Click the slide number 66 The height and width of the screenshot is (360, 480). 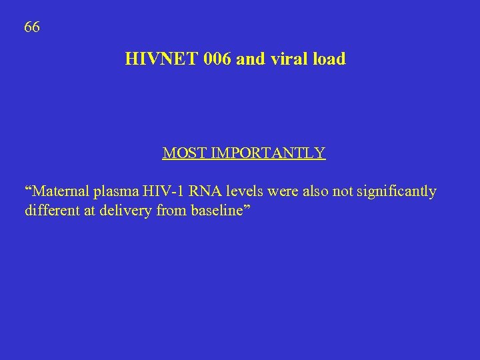point(32,27)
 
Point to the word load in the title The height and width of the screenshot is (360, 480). point(329,59)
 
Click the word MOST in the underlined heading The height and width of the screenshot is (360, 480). point(185,153)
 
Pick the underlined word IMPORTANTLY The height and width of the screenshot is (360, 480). point(268,153)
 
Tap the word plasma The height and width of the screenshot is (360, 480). point(116,193)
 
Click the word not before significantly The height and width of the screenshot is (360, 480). point(343,191)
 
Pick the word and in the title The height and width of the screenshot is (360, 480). point(250,59)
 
